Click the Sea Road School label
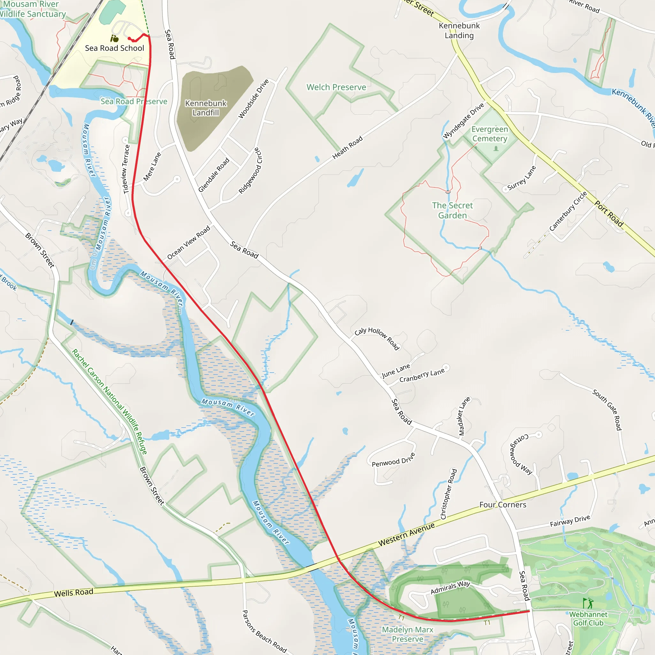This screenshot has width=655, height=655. point(114,48)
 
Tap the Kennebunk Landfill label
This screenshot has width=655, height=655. point(205,108)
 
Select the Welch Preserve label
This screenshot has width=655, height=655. point(336,87)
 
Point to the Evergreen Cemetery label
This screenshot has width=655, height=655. point(490,134)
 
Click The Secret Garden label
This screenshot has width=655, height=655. point(452,210)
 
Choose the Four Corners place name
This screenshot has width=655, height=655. point(502,505)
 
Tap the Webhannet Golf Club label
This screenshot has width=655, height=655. point(588,619)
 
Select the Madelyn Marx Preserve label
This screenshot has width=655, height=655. point(407,634)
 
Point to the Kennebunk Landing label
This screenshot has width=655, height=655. point(459,30)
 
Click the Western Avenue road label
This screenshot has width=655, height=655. point(406,535)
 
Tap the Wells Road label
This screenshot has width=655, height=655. point(74,593)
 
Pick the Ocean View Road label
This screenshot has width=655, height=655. point(188,243)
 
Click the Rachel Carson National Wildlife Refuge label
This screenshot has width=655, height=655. point(109,402)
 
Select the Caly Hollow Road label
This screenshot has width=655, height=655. point(377,338)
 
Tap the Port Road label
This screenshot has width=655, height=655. point(609,214)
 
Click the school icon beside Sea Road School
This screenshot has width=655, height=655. point(114,39)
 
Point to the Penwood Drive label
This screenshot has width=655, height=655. point(393,460)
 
